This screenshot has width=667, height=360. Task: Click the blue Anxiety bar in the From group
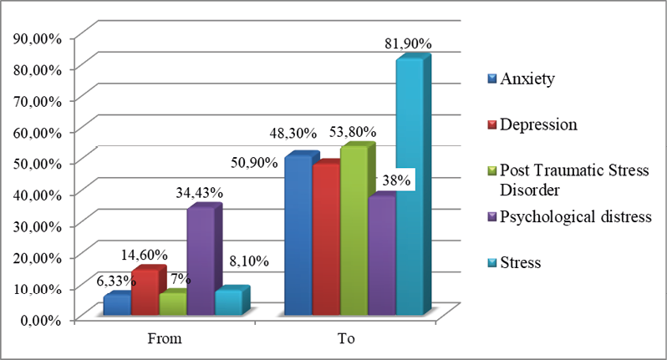116,306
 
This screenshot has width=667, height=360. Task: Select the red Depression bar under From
144,293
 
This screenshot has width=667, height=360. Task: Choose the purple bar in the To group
381,256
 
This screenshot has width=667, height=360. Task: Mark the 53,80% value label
352,132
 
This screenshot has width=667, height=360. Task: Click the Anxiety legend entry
527,79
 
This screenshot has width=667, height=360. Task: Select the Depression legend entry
538,125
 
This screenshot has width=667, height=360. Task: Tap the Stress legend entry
520,262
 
